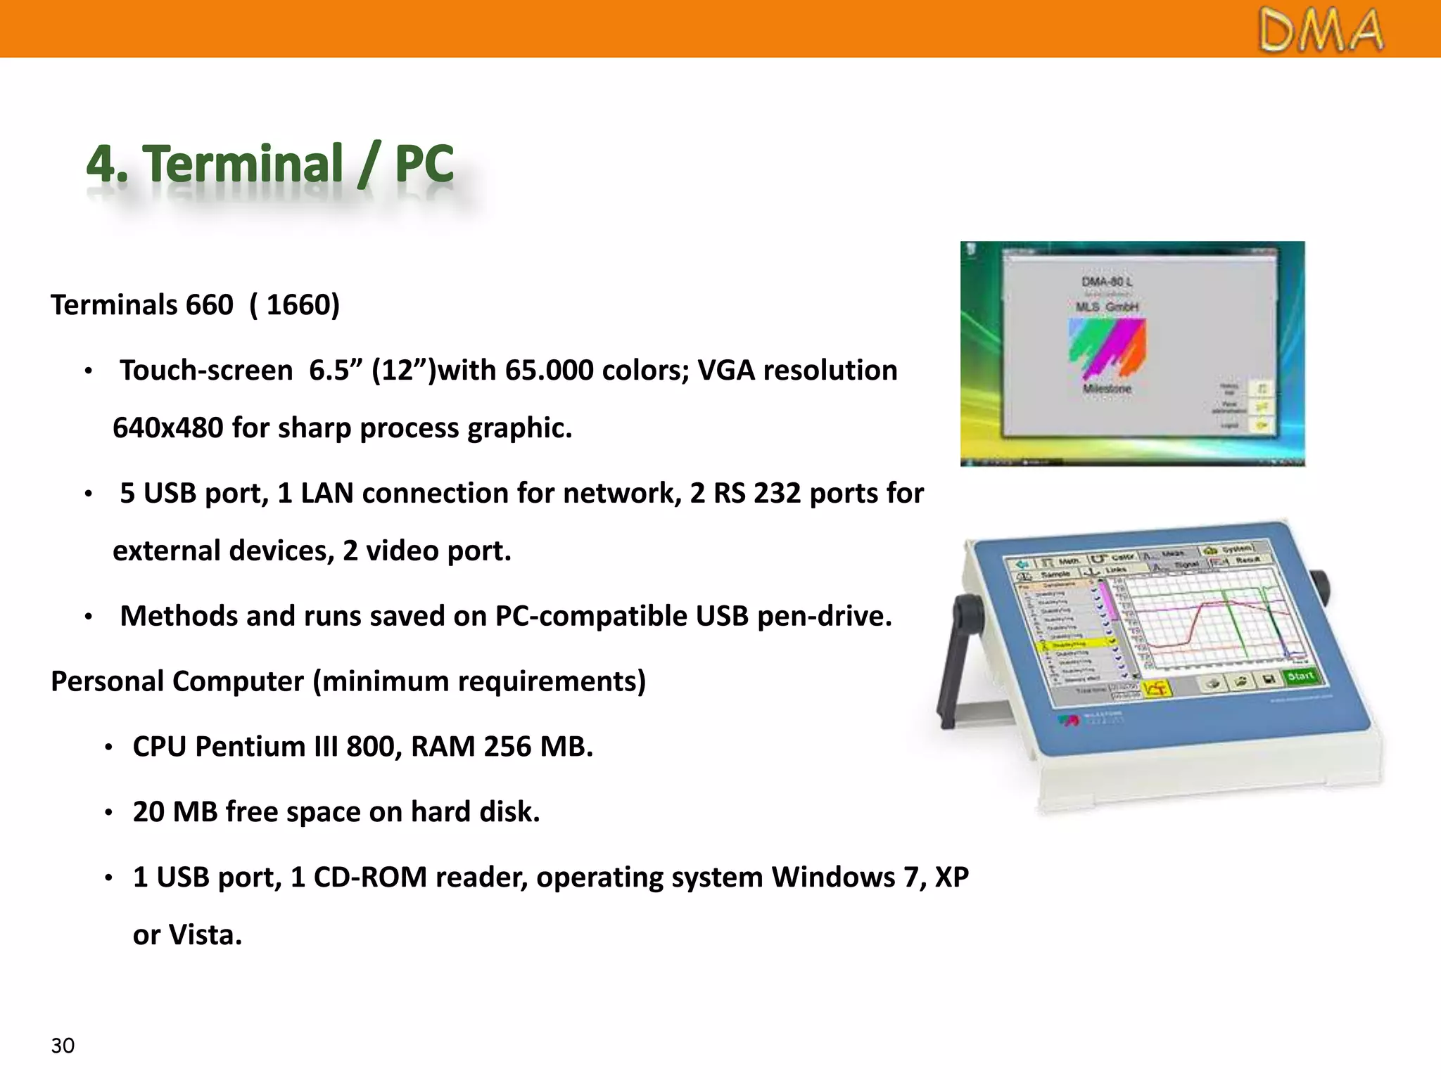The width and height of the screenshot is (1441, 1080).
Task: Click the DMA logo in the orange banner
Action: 1321,31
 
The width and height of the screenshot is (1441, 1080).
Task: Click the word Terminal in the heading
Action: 243,164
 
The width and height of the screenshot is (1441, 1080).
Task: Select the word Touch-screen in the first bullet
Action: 205,371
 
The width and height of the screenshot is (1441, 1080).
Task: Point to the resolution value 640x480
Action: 167,428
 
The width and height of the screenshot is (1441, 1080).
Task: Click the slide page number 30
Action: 63,1046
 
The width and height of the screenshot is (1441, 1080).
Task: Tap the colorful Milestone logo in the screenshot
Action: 1107,348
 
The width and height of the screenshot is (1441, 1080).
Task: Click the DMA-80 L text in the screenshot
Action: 1107,282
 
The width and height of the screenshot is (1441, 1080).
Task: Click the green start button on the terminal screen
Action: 1300,676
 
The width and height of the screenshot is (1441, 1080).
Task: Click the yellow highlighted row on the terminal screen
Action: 1077,644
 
